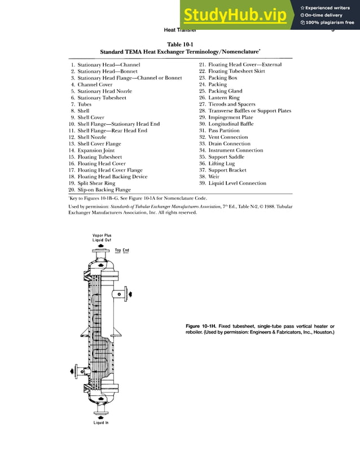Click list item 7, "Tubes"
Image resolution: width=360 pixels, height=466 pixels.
84,104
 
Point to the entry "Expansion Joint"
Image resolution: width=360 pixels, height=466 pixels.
96,151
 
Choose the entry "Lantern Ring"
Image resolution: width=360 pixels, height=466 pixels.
223,98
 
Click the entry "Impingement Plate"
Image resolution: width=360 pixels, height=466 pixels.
231,117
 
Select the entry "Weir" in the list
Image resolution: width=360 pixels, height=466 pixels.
213,177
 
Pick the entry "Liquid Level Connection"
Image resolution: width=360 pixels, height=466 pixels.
237,183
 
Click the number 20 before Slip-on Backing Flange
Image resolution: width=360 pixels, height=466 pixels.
72,190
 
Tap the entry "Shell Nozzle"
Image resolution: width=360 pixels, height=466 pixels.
91,137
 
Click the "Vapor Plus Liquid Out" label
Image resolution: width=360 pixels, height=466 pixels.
102,238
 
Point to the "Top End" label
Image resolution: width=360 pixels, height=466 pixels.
122,250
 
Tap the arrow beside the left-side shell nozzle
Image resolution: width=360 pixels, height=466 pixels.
71,371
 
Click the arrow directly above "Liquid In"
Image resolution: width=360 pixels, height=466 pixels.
101,418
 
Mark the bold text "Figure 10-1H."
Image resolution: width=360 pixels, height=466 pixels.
206,326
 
